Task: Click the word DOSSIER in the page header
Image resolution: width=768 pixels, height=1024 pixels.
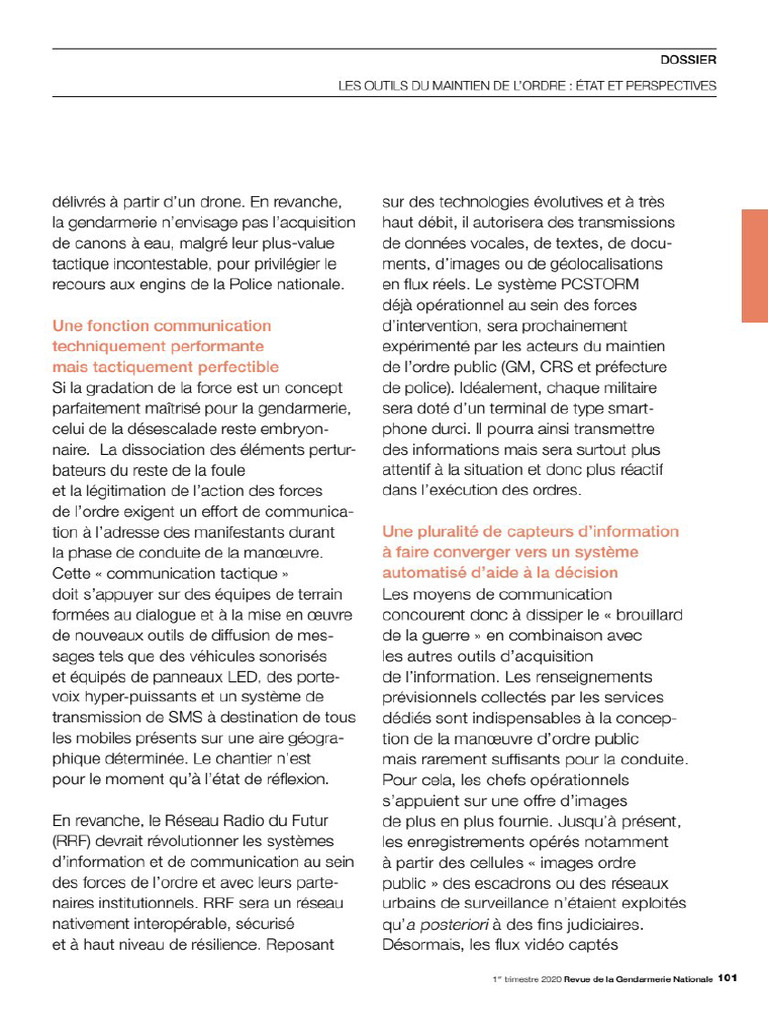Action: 690,59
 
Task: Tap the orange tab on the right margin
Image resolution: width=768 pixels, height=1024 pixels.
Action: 754,265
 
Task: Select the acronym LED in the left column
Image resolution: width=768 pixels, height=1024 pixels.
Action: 224,675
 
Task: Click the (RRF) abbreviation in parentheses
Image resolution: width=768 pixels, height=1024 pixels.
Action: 71,841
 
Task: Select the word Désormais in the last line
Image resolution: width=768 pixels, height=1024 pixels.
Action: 422,943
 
